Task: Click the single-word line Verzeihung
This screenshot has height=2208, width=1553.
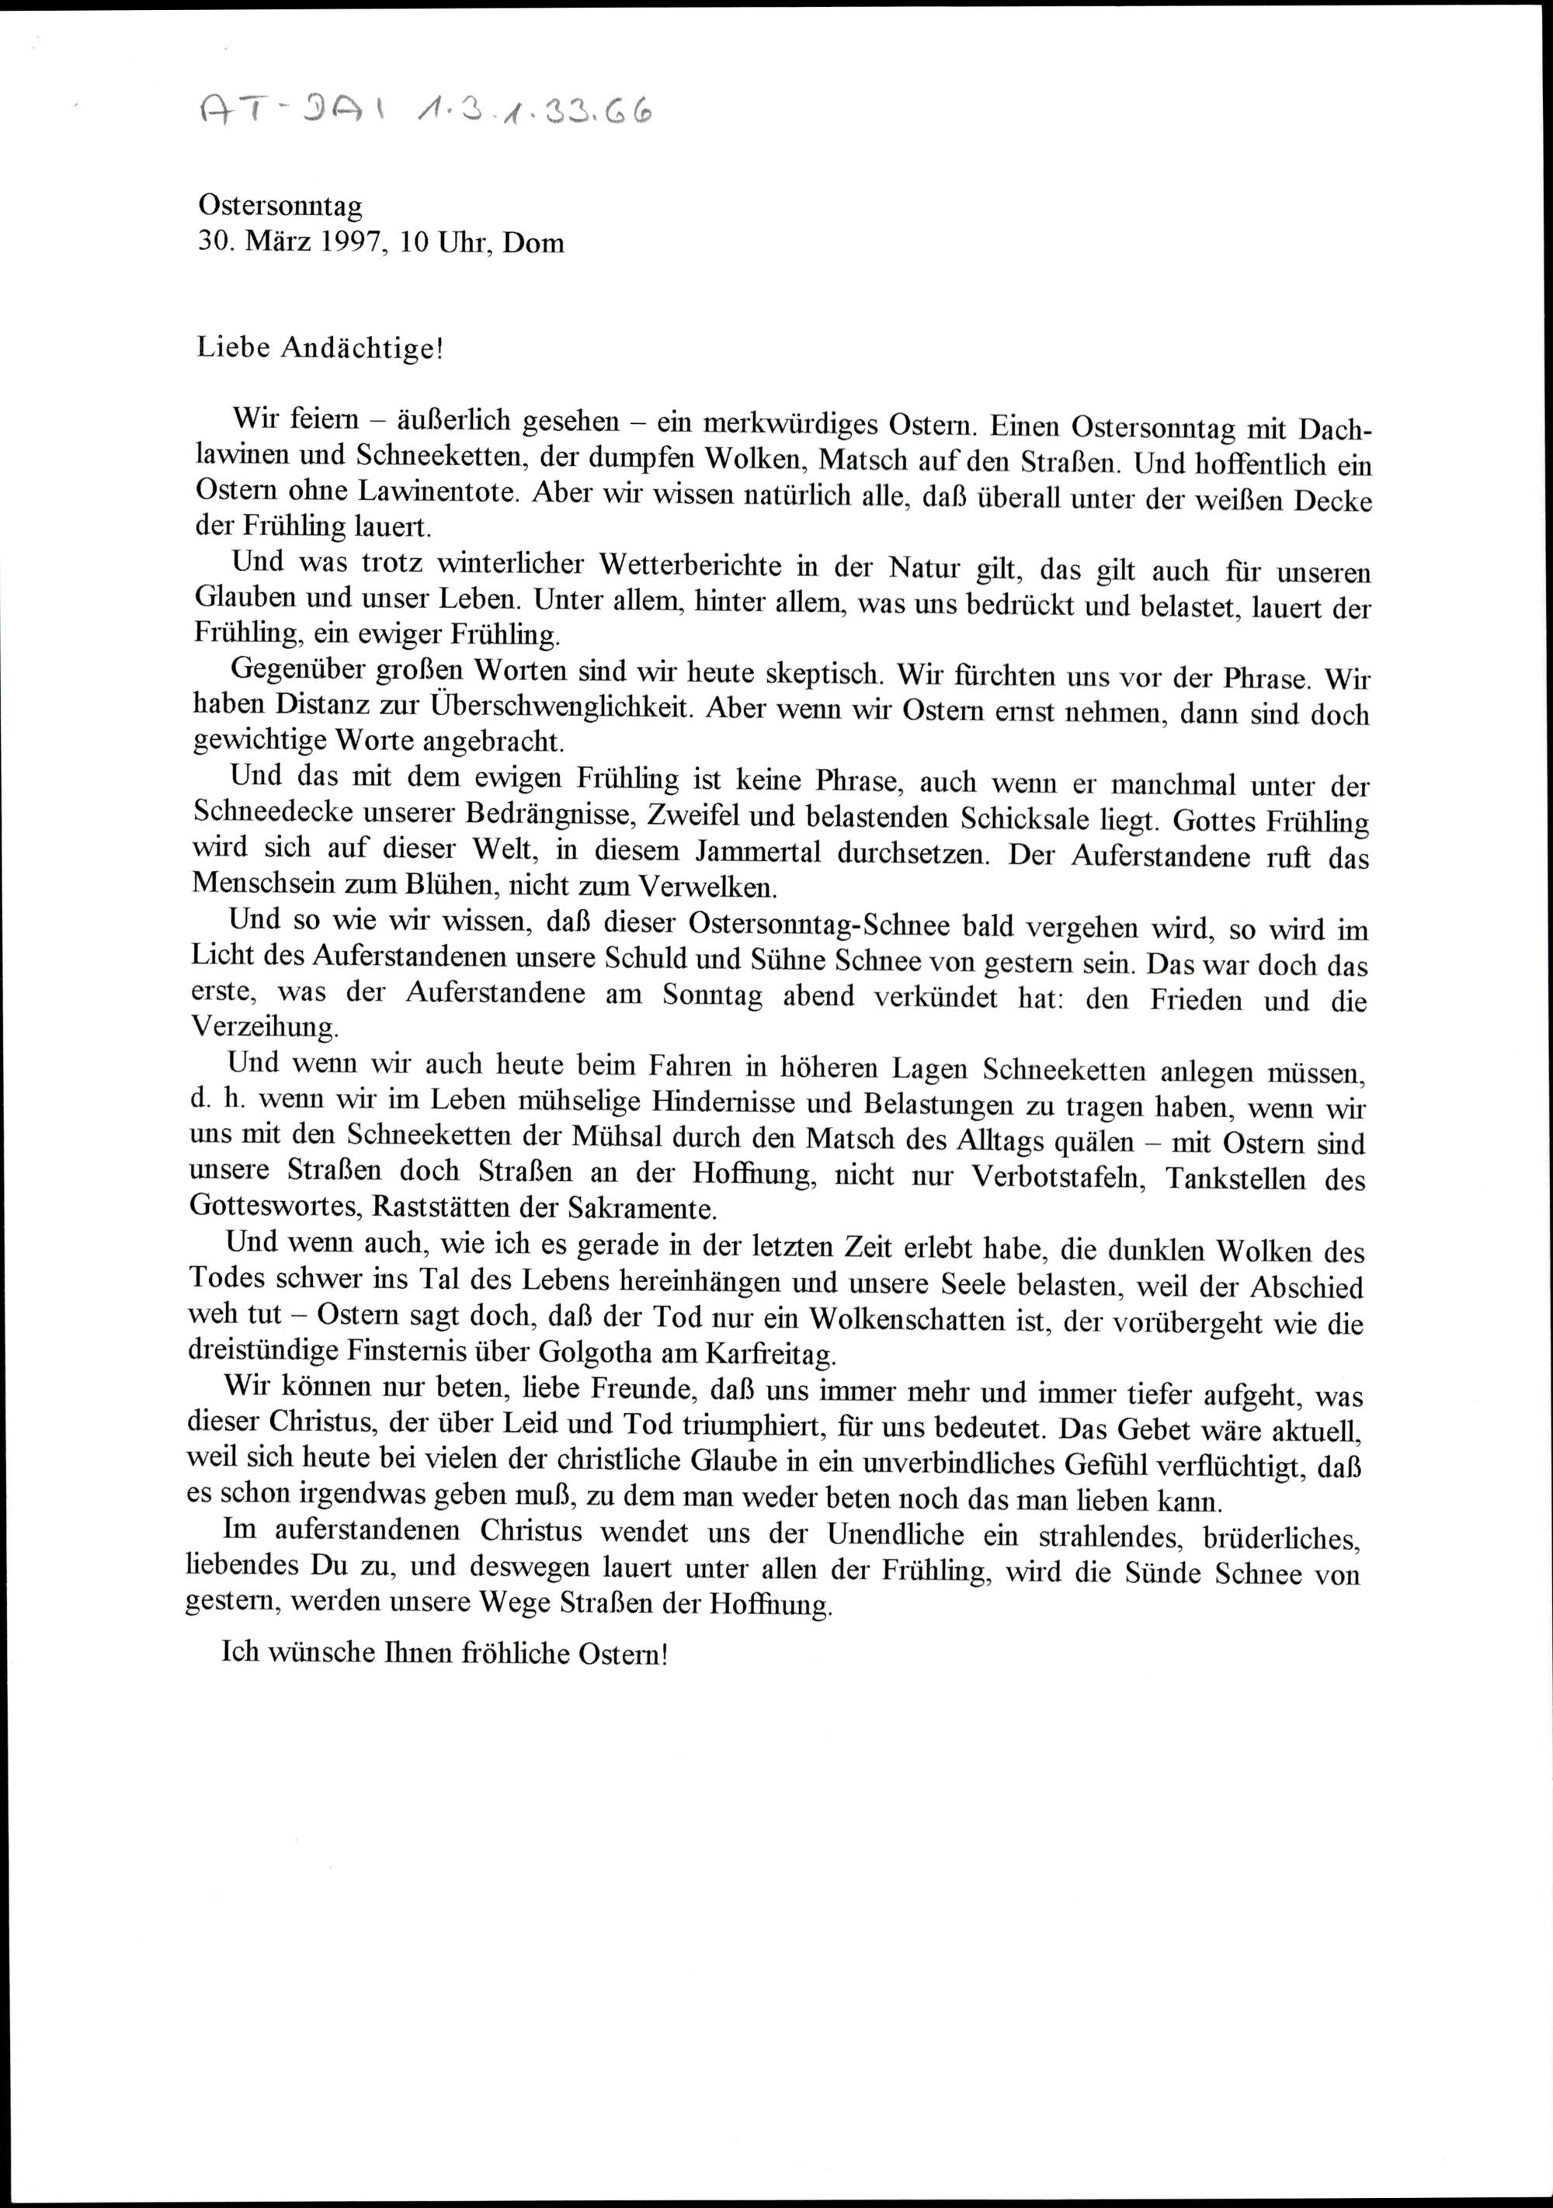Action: (266, 1026)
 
